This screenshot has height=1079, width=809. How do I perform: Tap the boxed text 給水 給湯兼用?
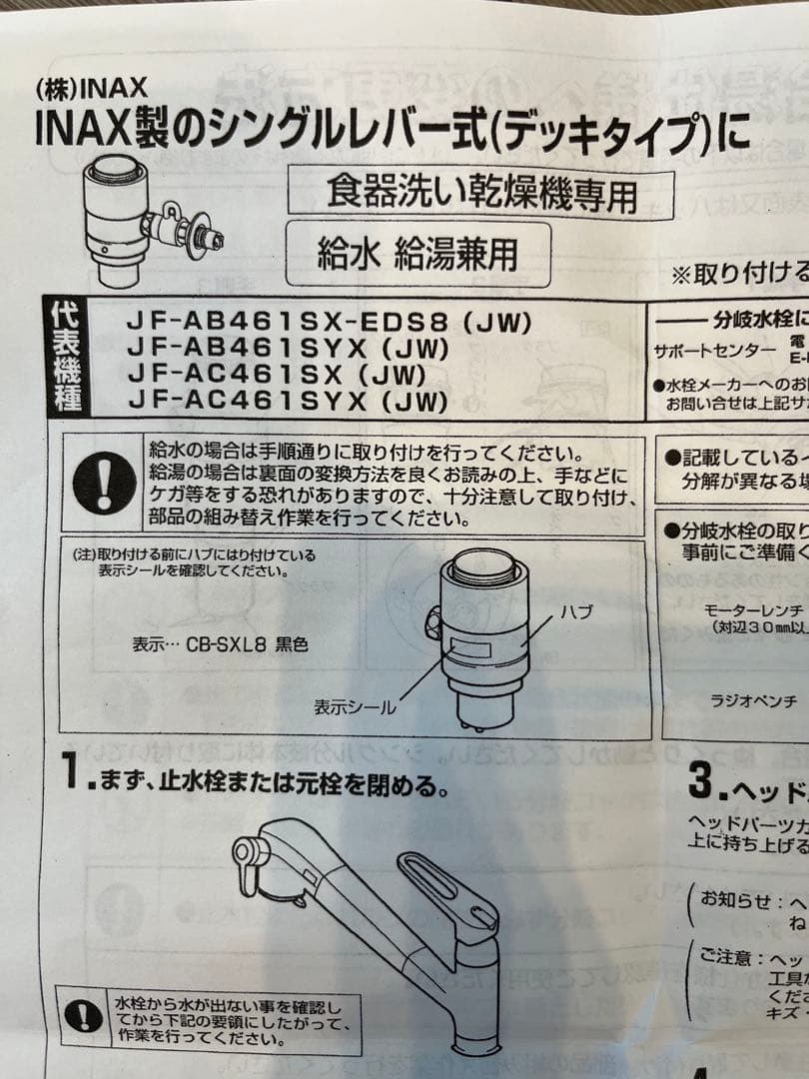click(x=417, y=254)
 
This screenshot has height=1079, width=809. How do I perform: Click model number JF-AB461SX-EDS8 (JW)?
click(x=329, y=323)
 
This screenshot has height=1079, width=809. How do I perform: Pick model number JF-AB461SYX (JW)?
click(x=288, y=349)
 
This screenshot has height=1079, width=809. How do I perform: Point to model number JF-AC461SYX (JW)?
click(x=287, y=403)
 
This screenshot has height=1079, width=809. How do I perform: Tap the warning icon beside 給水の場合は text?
click(x=105, y=483)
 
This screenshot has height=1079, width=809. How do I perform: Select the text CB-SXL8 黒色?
click(x=247, y=645)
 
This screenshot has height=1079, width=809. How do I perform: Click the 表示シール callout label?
click(x=355, y=707)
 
